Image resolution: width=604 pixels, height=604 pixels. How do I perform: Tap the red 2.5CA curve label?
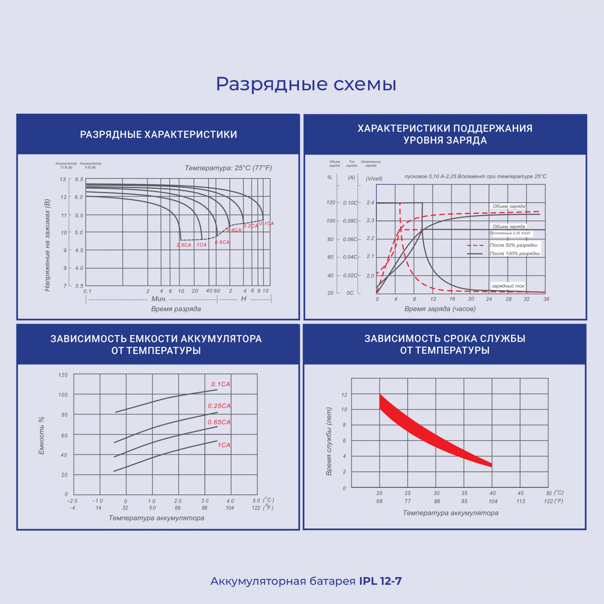pyautogui.click(x=184, y=245)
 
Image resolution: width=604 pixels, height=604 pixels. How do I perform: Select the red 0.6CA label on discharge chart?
pyautogui.click(x=222, y=242)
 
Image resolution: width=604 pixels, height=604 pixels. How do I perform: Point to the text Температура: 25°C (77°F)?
pyautogui.click(x=228, y=168)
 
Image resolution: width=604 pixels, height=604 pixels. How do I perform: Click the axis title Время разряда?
pyautogui.click(x=176, y=309)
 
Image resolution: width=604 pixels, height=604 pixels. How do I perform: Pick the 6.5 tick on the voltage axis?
pyautogui.click(x=79, y=179)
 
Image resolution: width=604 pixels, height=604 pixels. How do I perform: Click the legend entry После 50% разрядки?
pyautogui.click(x=514, y=245)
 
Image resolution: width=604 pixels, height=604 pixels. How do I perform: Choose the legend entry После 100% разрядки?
pyautogui.click(x=515, y=254)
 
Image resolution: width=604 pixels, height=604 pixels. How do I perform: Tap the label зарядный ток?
pyautogui.click(x=508, y=286)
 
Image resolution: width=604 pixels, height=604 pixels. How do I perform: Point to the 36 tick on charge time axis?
pyautogui.click(x=546, y=299)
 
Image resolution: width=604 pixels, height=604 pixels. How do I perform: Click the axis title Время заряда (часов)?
pyautogui.click(x=440, y=309)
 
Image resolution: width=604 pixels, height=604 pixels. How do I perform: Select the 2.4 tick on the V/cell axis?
pyautogui.click(x=370, y=203)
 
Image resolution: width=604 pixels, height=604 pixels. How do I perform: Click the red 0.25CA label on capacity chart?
pyautogui.click(x=219, y=406)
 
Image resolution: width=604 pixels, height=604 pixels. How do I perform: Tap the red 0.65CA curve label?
pyautogui.click(x=219, y=422)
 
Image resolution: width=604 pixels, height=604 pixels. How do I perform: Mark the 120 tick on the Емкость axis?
pyautogui.click(x=63, y=375)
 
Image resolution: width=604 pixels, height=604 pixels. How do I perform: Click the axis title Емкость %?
pyautogui.click(x=41, y=435)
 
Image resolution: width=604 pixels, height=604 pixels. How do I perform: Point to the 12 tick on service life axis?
pyautogui.click(x=344, y=395)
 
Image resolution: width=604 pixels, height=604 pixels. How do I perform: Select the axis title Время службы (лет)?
pyautogui.click(x=329, y=442)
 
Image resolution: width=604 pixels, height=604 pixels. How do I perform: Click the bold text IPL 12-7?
pyautogui.click(x=380, y=581)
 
